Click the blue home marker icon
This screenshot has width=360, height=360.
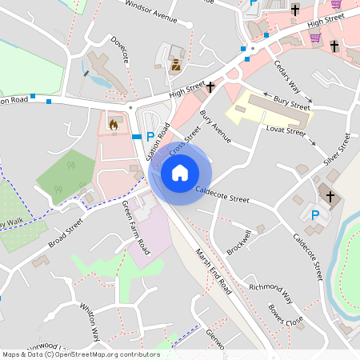[x=180, y=172]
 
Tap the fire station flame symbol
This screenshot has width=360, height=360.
[x=113, y=124]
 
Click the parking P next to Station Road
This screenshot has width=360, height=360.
[x=150, y=137]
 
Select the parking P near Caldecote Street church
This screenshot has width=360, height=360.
[x=314, y=215]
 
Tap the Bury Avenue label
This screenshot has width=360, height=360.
[x=215, y=127]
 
